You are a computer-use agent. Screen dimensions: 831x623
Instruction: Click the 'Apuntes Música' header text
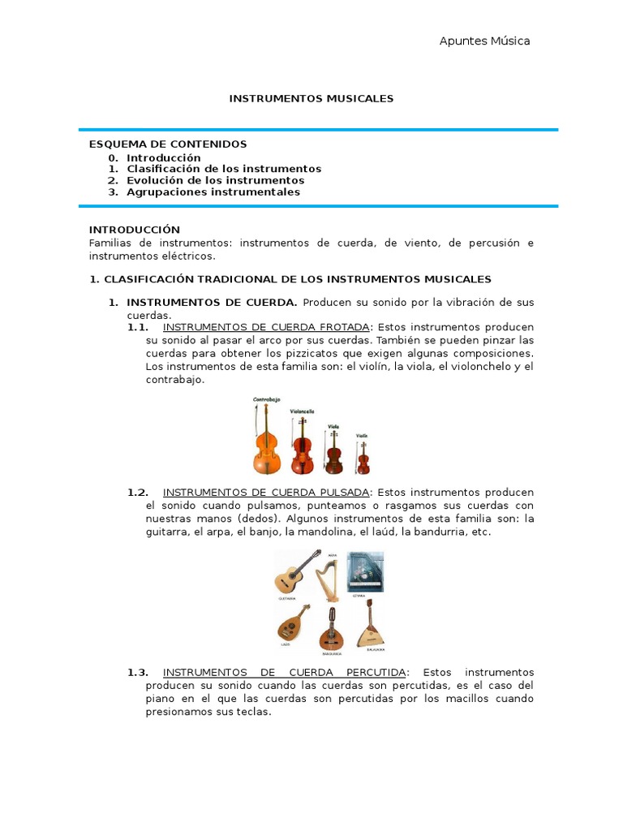click(484, 41)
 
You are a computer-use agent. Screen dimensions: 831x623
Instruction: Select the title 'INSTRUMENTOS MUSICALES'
click(311, 98)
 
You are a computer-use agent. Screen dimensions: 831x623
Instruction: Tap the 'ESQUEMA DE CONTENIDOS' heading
click(168, 144)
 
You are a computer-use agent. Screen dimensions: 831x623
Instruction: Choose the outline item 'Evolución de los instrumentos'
click(215, 180)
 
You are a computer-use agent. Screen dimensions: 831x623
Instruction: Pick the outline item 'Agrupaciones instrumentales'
click(213, 192)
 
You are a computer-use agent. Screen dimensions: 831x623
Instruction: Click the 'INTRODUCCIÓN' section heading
click(135, 230)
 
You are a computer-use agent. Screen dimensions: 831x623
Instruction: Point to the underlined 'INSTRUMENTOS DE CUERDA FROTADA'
click(266, 328)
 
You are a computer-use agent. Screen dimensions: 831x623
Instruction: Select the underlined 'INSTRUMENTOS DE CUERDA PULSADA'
click(266, 493)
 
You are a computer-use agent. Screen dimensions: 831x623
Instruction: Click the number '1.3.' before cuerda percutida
click(138, 673)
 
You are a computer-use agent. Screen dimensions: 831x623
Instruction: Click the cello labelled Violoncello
click(302, 446)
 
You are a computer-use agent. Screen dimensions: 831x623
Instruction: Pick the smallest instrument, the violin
click(363, 457)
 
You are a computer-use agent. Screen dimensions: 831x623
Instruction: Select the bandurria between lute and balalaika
click(330, 629)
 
